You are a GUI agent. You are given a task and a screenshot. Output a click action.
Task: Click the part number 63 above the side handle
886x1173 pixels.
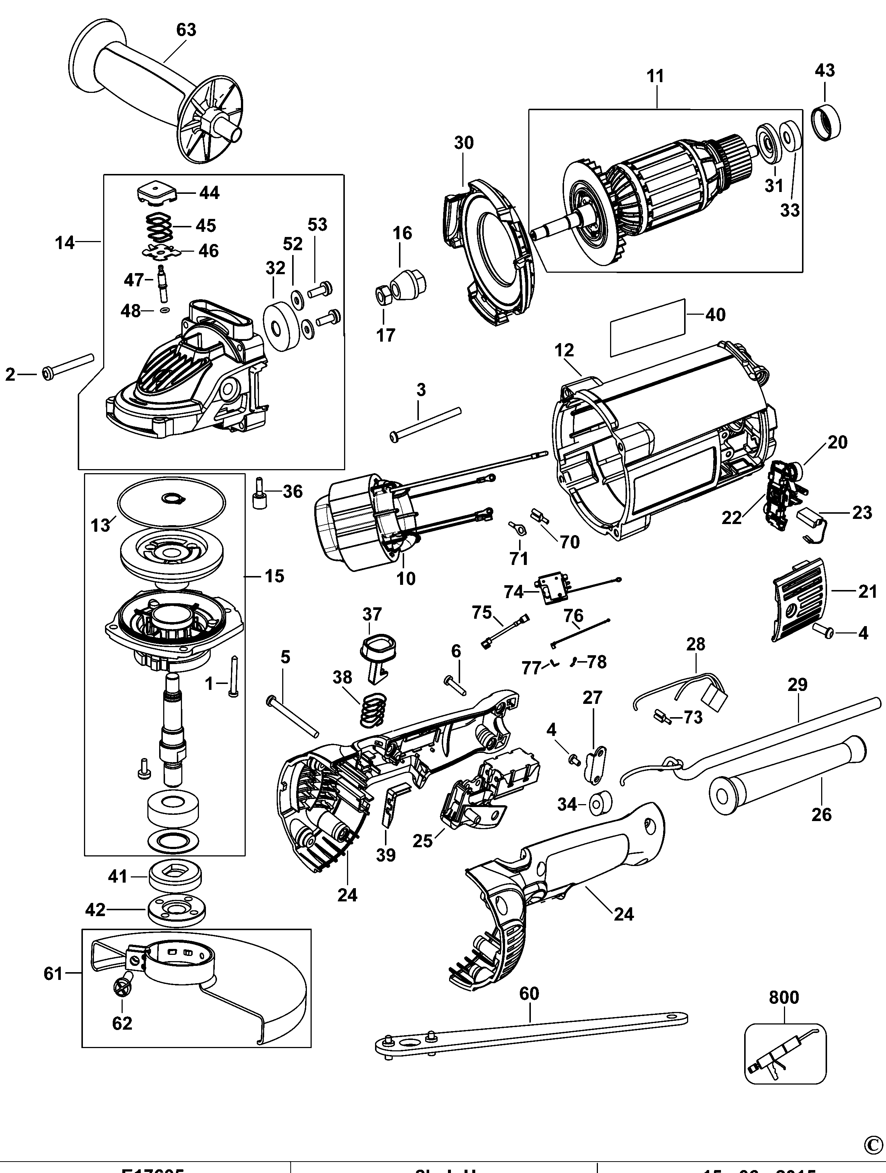186,30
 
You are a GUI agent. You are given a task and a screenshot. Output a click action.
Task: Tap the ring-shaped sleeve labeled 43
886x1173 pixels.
827,123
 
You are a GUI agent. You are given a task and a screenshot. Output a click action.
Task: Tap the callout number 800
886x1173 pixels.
784,998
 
